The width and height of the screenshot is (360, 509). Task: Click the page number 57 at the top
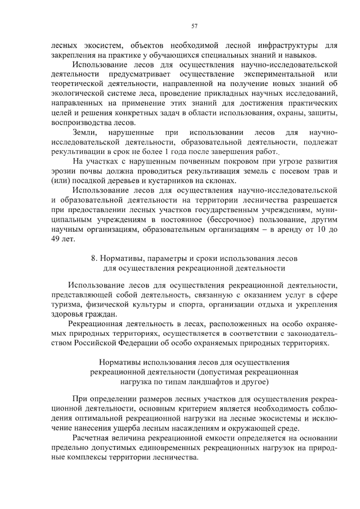coord(194,25)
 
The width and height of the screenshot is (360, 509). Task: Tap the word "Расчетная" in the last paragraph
coord(91,438)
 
